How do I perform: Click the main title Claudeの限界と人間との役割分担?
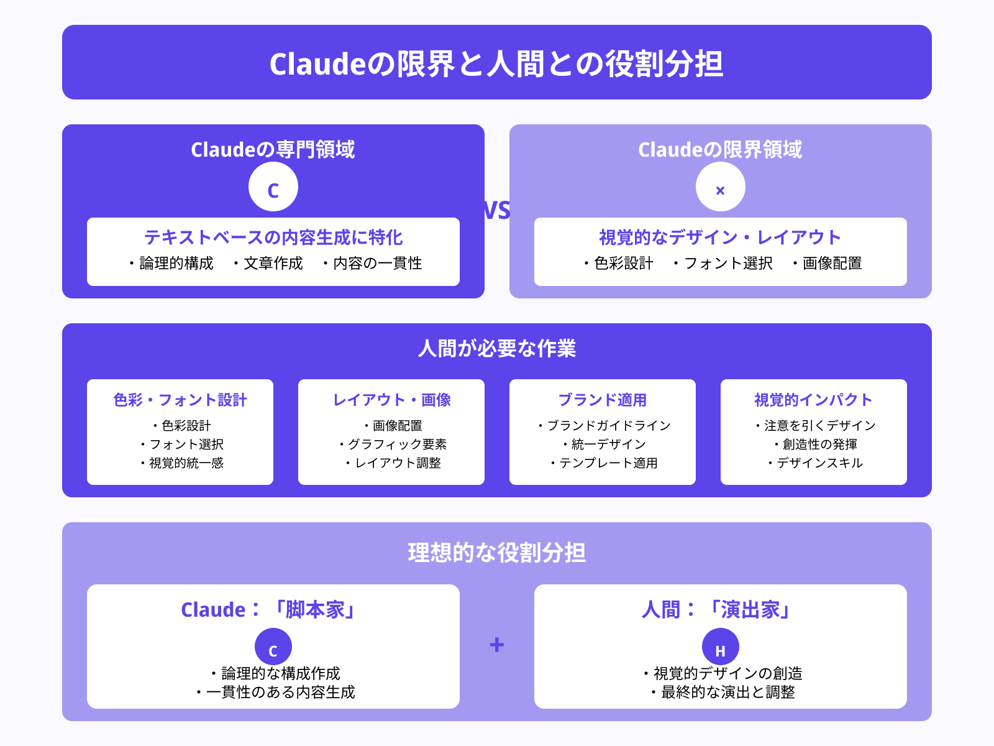(x=496, y=63)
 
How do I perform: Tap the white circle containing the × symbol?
(x=720, y=187)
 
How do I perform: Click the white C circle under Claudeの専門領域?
(x=273, y=187)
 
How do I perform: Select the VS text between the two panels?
(x=497, y=211)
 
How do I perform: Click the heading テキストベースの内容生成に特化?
(x=273, y=237)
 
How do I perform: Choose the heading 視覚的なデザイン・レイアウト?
(x=720, y=237)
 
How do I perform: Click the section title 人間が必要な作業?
(x=497, y=348)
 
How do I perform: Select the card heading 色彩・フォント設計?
(x=180, y=400)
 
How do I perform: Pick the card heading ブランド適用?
(x=602, y=400)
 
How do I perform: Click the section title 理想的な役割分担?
(x=497, y=552)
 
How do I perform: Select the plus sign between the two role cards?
(x=496, y=645)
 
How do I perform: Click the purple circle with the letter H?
(x=720, y=647)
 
